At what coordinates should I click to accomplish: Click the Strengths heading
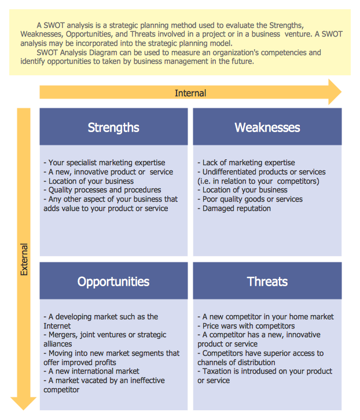[113, 127]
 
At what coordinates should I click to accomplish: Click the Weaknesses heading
[267, 127]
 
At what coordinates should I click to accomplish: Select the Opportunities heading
[113, 282]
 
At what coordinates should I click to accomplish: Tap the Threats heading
[267, 282]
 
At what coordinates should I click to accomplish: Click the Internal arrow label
[190, 93]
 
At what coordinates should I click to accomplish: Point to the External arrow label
[24, 259]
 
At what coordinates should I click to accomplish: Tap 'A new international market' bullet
[91, 371]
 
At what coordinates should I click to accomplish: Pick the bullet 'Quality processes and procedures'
[102, 190]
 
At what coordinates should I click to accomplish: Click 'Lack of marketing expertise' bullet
[246, 163]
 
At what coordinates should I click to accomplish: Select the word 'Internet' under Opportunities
[57, 326]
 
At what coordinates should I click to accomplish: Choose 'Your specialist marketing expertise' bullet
[104, 163]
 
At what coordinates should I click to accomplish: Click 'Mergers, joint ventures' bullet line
[104, 335]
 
